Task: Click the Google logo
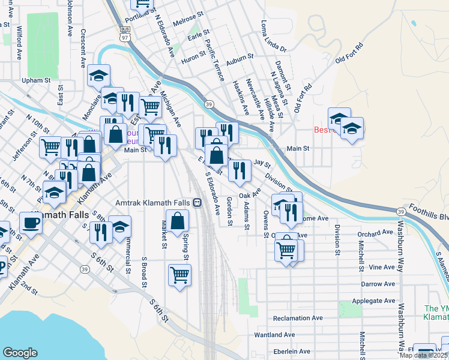click(x=20, y=353)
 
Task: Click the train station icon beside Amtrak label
click(x=197, y=203)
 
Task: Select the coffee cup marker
click(x=31, y=223)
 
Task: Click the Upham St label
click(x=35, y=80)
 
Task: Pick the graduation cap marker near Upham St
click(x=98, y=76)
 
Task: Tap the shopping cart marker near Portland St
click(x=143, y=4)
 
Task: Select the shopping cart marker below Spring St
click(x=180, y=275)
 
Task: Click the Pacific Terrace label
click(x=214, y=59)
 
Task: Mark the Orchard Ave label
click(x=374, y=233)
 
